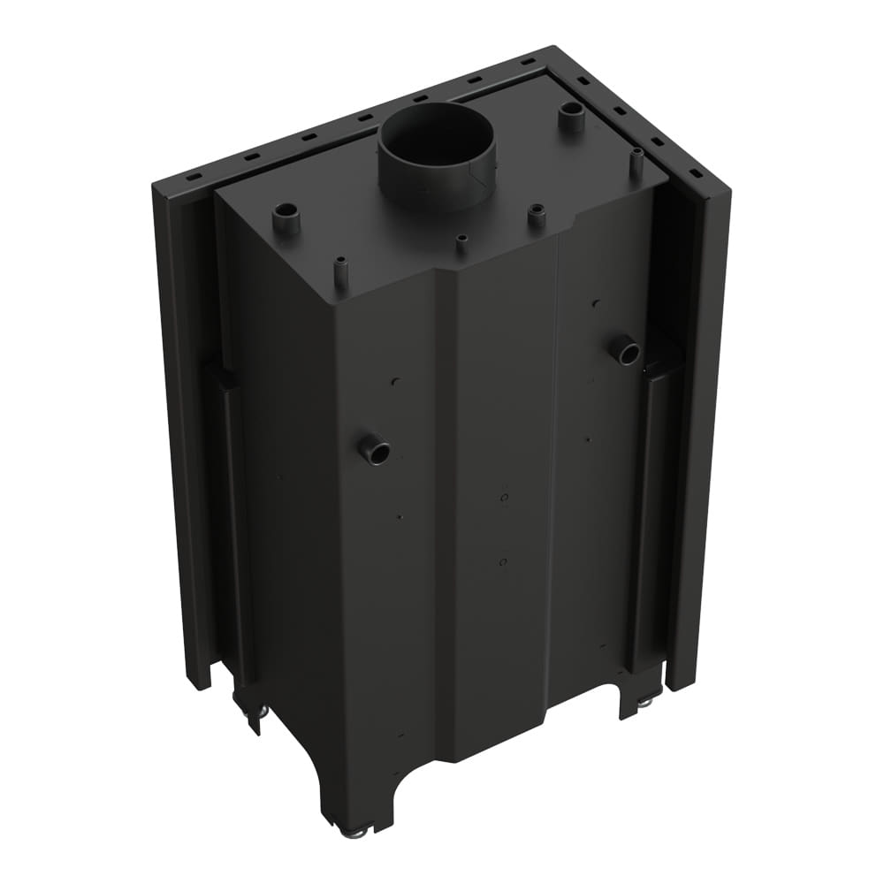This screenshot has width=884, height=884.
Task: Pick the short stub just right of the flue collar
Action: [x=536, y=215]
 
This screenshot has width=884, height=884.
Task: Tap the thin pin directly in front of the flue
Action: [x=461, y=243]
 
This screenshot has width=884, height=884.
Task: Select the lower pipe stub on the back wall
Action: [x=375, y=451]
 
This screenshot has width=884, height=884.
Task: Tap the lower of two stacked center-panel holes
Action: [x=502, y=562]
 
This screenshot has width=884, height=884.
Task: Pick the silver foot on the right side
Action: [x=644, y=701]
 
